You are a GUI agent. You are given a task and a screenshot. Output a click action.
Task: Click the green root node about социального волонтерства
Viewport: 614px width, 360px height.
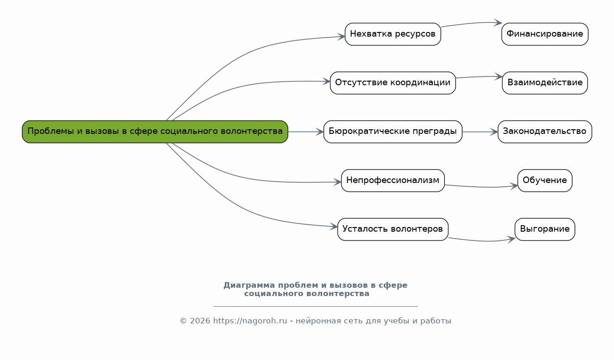pyautogui.click(x=155, y=132)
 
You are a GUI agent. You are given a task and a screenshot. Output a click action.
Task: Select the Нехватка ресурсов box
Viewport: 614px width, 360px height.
pyautogui.click(x=392, y=34)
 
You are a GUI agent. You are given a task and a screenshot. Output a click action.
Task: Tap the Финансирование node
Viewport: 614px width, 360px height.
pyautogui.click(x=544, y=34)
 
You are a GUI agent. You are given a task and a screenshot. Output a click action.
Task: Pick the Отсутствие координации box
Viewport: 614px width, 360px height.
pyautogui.click(x=392, y=83)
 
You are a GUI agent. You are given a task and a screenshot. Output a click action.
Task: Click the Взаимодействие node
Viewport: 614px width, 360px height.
pyautogui.click(x=544, y=83)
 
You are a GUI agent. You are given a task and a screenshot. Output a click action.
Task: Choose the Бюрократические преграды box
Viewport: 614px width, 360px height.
pyautogui.click(x=392, y=132)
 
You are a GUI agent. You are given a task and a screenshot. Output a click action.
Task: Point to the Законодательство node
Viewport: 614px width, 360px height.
pyautogui.click(x=544, y=132)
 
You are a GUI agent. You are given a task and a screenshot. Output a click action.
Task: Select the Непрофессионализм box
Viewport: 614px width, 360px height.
pyautogui.click(x=392, y=181)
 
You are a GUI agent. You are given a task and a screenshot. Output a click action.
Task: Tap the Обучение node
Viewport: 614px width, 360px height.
pyautogui.click(x=544, y=181)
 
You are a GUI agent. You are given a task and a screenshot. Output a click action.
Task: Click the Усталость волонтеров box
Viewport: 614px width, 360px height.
pyautogui.click(x=392, y=229)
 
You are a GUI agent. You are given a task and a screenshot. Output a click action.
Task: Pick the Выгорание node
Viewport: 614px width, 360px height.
pyautogui.click(x=544, y=229)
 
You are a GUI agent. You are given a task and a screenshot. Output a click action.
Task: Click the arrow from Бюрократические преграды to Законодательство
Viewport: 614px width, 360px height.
pyautogui.click(x=480, y=132)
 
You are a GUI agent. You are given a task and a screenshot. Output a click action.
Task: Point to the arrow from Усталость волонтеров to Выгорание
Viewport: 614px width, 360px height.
pyautogui.click(x=482, y=241)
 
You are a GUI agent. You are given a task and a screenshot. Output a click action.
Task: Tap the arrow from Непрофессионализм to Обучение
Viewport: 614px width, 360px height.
pyautogui.click(x=482, y=187)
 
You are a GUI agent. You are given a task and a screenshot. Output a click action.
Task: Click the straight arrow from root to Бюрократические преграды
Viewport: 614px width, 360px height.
pyautogui.click(x=305, y=132)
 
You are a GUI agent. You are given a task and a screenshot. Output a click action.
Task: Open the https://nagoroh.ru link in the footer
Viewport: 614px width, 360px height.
pyautogui.click(x=250, y=321)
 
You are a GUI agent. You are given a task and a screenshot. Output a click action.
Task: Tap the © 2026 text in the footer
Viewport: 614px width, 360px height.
pyautogui.click(x=195, y=321)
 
